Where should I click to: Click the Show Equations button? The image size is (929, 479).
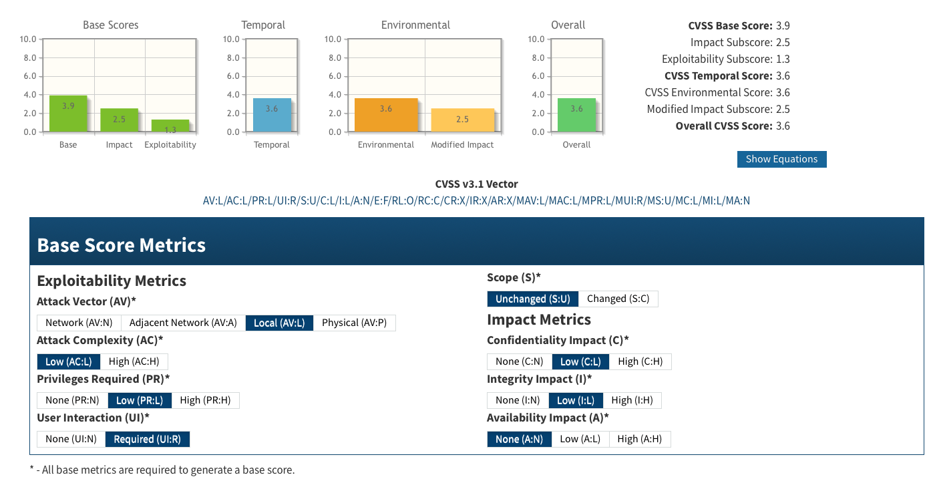(x=781, y=159)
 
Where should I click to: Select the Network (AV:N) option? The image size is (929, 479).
(x=79, y=323)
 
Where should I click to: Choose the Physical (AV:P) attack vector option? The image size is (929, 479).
(x=354, y=323)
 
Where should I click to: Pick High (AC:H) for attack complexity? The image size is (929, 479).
(x=134, y=361)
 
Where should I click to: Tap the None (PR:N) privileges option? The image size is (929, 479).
(x=72, y=400)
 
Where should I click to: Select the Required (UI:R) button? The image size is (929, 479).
(x=148, y=439)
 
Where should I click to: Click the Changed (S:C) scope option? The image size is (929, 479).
(x=618, y=299)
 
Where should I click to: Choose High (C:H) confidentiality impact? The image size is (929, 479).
(x=640, y=361)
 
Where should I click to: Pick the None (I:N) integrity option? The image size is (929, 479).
(x=518, y=400)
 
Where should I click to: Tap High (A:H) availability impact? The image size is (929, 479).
(x=639, y=439)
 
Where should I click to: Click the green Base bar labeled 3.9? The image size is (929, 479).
(x=68, y=114)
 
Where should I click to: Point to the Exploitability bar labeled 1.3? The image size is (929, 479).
(x=170, y=126)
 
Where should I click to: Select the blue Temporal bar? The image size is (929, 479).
(x=272, y=115)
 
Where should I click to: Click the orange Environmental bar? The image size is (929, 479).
(x=386, y=115)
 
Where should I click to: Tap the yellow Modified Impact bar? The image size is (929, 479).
(x=462, y=120)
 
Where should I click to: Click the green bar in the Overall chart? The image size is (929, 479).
(x=576, y=115)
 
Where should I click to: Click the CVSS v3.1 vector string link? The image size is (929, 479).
(x=476, y=200)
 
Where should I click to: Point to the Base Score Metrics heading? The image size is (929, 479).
(x=122, y=245)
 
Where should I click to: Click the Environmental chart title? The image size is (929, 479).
(x=415, y=25)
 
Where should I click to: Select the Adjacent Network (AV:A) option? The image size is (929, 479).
(x=183, y=323)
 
